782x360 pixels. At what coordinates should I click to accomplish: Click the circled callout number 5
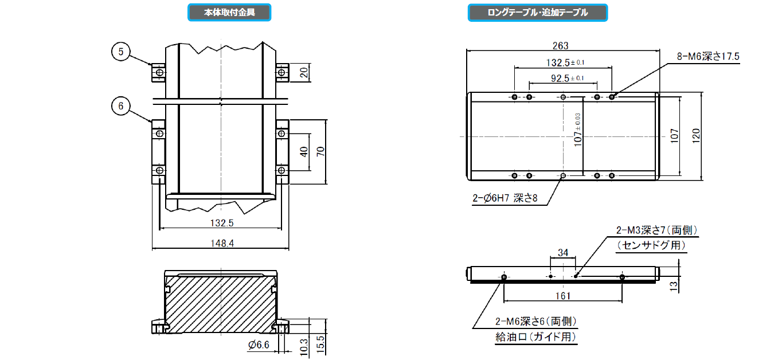121,52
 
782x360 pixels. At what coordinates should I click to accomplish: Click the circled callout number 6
121,106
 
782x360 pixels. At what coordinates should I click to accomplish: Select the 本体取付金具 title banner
229,13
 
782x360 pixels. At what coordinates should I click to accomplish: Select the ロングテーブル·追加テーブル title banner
538,13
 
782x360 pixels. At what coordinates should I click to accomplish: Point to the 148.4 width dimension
222,243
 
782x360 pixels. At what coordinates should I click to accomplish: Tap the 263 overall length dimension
560,46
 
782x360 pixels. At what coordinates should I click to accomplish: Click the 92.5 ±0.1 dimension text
568,78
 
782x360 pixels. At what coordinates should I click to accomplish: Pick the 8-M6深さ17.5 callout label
708,56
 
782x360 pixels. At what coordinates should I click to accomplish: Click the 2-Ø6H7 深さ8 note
505,198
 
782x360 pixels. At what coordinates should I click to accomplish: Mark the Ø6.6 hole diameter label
259,345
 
